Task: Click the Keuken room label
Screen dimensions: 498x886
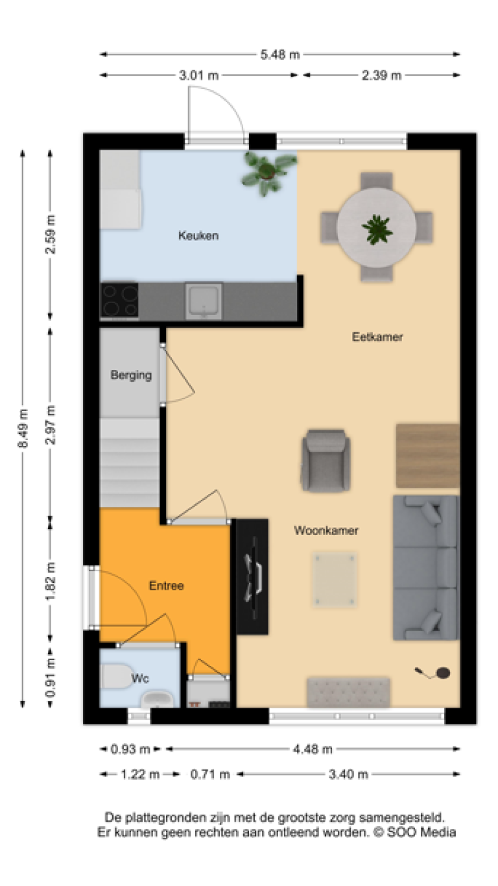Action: click(198, 236)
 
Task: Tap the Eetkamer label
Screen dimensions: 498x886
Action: click(377, 337)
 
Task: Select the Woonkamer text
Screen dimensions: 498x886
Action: click(326, 530)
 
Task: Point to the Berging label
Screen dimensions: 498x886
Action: click(131, 375)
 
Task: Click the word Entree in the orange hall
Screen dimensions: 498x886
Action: click(167, 585)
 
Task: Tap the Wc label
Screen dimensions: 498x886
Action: click(140, 678)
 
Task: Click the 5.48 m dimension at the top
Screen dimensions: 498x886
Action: click(280, 55)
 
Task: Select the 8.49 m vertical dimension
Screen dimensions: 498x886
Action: click(23, 428)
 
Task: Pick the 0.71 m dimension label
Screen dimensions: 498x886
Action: click(210, 774)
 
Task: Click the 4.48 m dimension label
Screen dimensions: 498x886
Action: click(313, 749)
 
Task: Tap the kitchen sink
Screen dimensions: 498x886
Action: click(204, 301)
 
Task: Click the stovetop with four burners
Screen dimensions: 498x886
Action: click(119, 300)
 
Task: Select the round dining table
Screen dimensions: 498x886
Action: click(376, 227)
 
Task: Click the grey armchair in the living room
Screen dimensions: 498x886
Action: click(326, 460)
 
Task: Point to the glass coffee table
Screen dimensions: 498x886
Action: click(335, 580)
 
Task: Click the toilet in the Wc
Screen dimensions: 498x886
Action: click(117, 676)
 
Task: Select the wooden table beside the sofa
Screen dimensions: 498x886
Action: click(428, 456)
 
